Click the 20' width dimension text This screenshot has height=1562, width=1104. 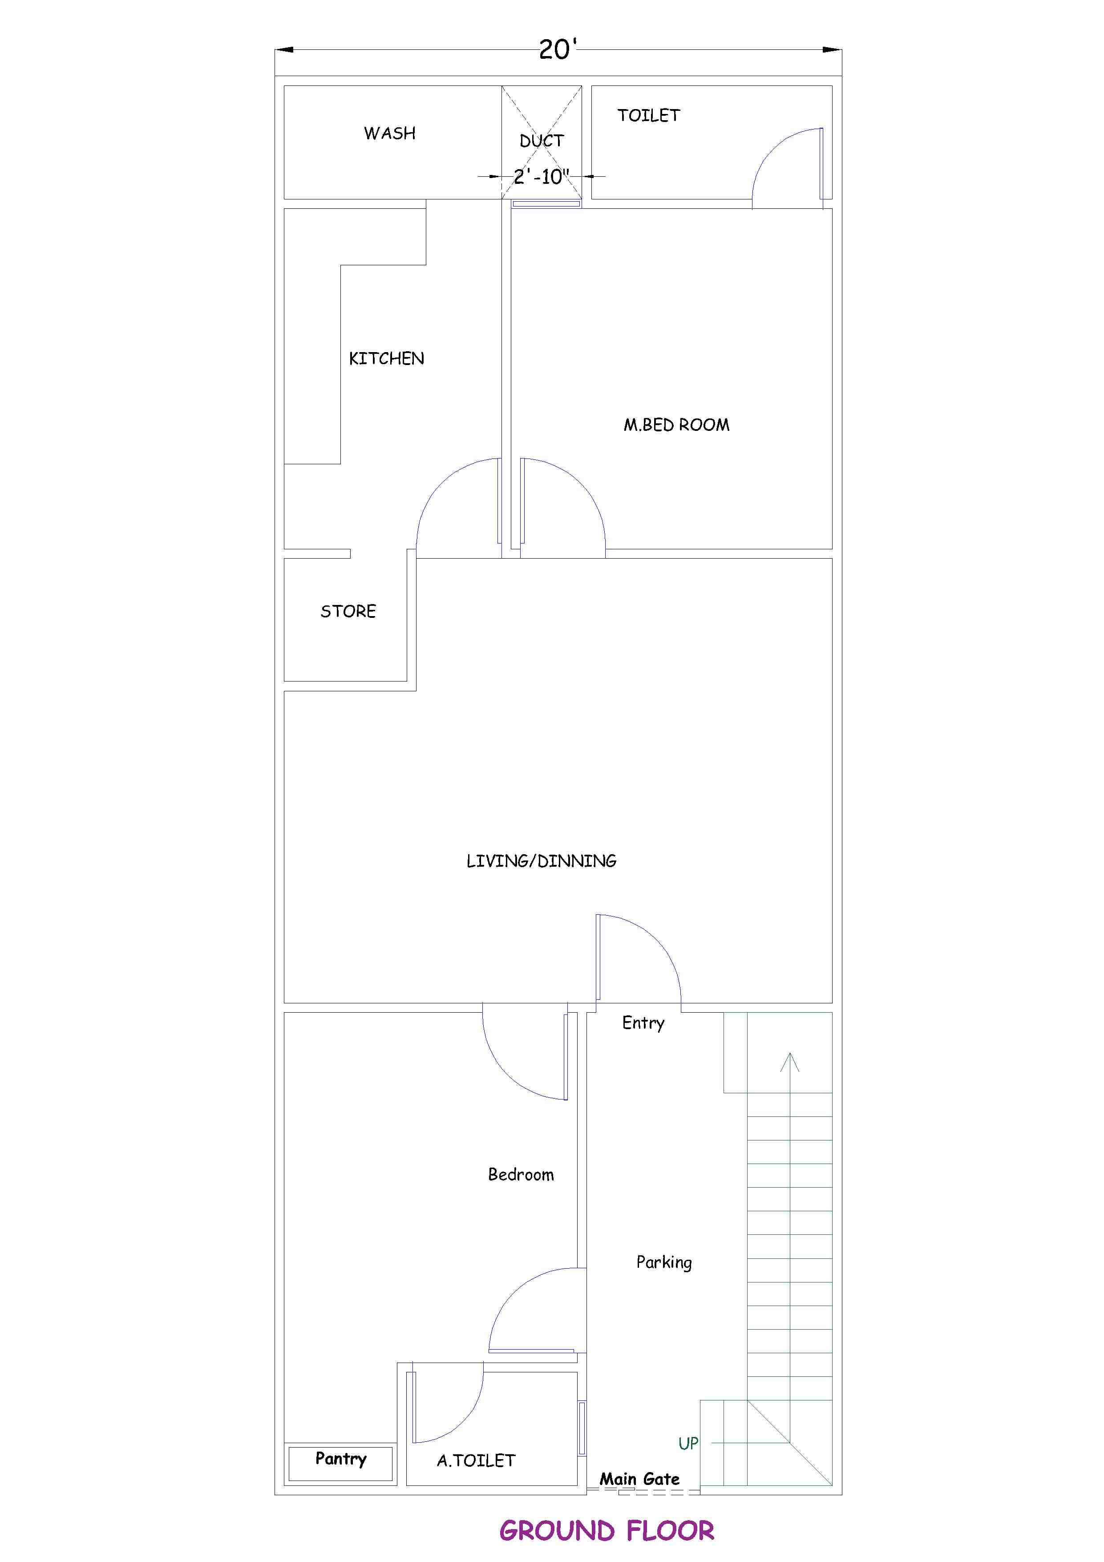tap(558, 50)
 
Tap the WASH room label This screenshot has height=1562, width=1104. tap(390, 134)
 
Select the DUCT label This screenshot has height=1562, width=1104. tap(542, 141)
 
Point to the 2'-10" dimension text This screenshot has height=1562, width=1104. tap(542, 177)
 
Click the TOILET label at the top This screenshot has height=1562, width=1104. tap(649, 116)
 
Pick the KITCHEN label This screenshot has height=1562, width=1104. tap(386, 358)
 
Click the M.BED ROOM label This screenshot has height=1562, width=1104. tap(677, 425)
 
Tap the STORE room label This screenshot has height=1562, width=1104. tap(348, 612)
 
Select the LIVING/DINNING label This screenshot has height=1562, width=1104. tap(542, 861)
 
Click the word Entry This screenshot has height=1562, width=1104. tap(643, 1023)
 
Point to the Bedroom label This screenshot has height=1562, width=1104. tap(521, 1175)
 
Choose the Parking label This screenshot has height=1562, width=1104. tap(664, 1263)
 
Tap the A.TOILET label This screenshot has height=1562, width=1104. tap(476, 1461)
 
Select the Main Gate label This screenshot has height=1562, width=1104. tap(639, 1479)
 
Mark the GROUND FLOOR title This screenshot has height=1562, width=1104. tap(607, 1531)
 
